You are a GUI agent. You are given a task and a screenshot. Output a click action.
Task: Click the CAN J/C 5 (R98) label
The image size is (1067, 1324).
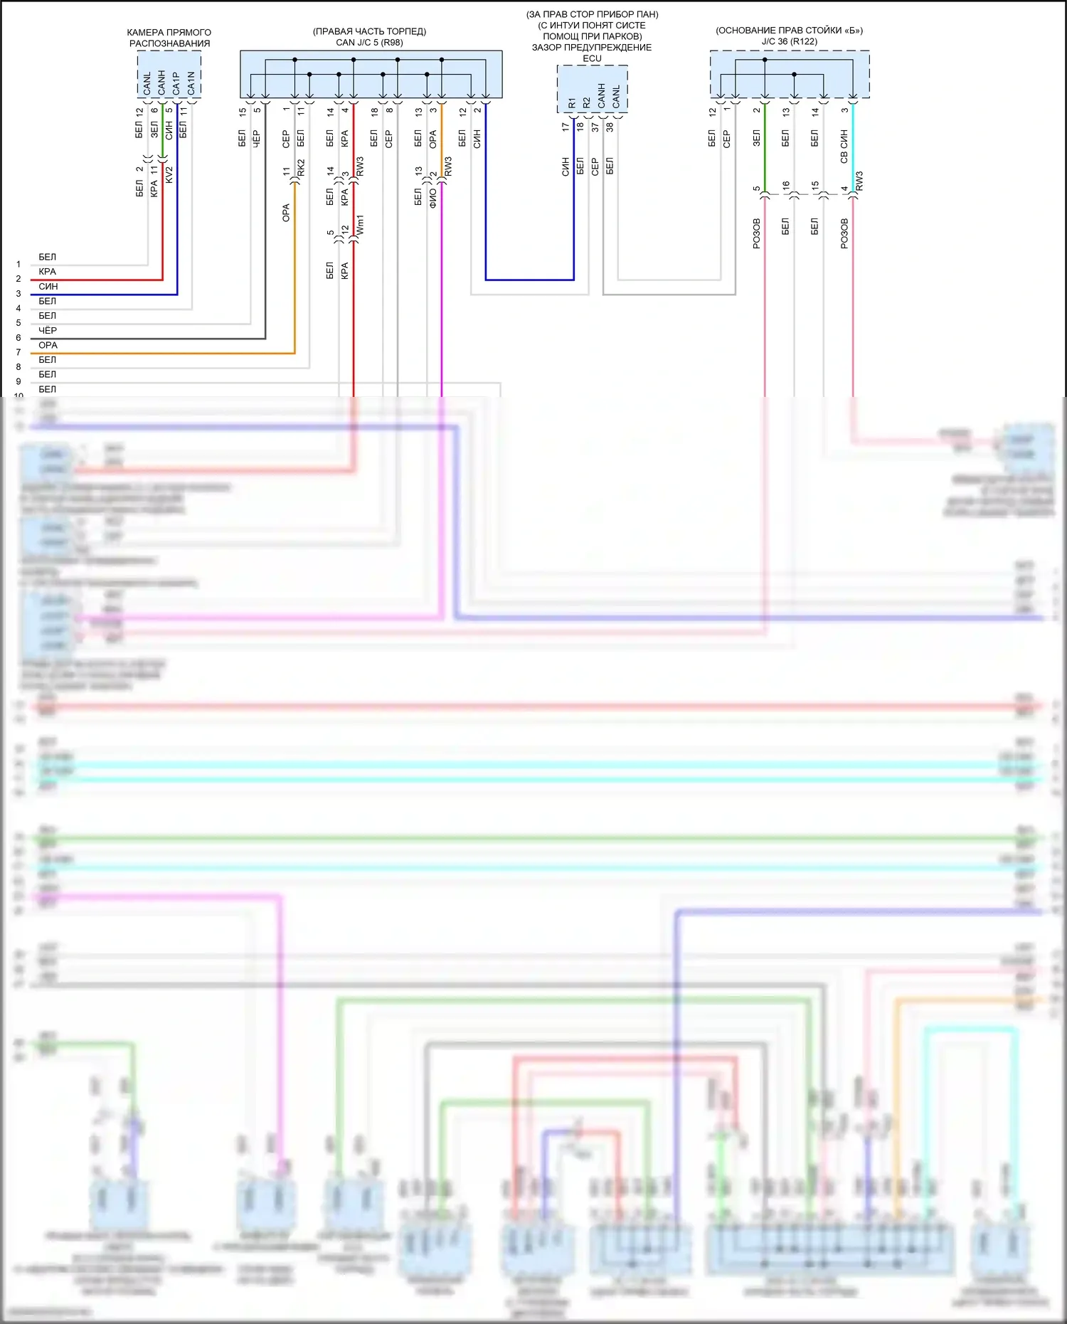pos(369,43)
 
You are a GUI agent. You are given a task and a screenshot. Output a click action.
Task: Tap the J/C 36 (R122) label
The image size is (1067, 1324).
pos(789,41)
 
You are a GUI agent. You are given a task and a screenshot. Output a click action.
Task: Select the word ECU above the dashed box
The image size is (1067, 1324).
pos(592,58)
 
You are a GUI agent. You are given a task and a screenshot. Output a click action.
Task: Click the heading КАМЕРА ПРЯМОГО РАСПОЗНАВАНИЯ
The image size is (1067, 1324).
pos(169,38)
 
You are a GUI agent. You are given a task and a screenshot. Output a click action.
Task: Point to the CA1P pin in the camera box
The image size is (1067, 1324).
pos(176,83)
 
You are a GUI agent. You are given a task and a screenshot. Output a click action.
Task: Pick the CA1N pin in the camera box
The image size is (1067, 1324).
pos(191,83)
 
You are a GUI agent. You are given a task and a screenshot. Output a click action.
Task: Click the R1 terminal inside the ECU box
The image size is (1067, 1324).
pos(572,103)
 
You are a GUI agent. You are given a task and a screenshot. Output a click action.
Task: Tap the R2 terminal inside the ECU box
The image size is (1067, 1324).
pos(587,103)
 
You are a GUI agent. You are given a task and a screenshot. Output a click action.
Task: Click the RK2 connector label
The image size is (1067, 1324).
pos(301,168)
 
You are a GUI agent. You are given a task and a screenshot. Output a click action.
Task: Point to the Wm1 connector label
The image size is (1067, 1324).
pos(360,226)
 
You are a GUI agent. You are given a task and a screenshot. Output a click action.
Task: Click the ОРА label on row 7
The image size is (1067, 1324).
pos(48,345)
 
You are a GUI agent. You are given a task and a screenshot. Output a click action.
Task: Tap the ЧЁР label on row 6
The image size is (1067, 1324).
pos(48,330)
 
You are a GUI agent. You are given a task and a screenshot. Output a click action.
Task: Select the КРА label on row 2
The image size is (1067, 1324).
pos(48,271)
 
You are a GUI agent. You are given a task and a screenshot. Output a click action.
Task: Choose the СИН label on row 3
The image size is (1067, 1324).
pos(48,286)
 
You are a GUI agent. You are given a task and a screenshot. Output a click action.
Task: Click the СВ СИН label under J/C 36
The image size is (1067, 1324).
pos(844,147)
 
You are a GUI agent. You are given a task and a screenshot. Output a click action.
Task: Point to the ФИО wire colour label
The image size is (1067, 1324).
pos(432,197)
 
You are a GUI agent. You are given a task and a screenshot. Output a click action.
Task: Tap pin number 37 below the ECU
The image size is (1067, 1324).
pos(595,127)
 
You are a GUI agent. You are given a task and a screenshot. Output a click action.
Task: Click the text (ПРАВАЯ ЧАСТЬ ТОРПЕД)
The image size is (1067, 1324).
pos(369,31)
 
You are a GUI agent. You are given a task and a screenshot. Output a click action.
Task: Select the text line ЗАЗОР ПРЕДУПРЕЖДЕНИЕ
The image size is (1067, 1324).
pos(592,48)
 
